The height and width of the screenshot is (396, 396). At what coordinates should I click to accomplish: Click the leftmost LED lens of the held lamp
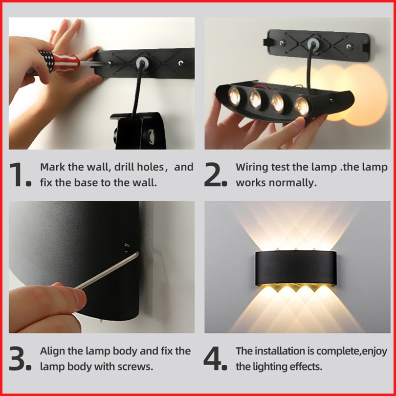pyautogui.click(x=234, y=96)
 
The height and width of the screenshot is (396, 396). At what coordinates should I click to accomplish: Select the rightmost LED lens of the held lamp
pyautogui.click(x=302, y=106)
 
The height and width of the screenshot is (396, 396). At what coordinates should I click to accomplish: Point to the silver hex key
pyautogui.click(x=107, y=270)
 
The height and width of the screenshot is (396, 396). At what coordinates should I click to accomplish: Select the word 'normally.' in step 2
pyautogui.click(x=292, y=182)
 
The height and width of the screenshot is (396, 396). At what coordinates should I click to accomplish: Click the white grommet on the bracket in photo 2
pyautogui.click(x=313, y=43)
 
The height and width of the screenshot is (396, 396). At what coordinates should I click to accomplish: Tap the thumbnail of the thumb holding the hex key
pyautogui.click(x=79, y=299)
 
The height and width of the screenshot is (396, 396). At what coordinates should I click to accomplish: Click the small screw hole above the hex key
pyautogui.click(x=127, y=245)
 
